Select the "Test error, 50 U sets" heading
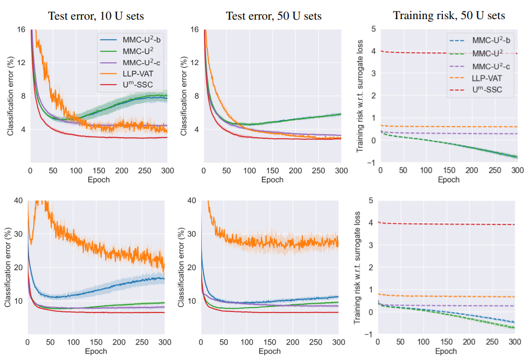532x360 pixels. (273, 16)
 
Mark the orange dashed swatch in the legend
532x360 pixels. (458, 77)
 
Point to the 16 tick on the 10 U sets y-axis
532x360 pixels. (21, 29)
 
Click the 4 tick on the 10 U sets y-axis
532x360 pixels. (24, 129)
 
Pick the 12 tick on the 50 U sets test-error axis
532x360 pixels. (195, 62)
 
